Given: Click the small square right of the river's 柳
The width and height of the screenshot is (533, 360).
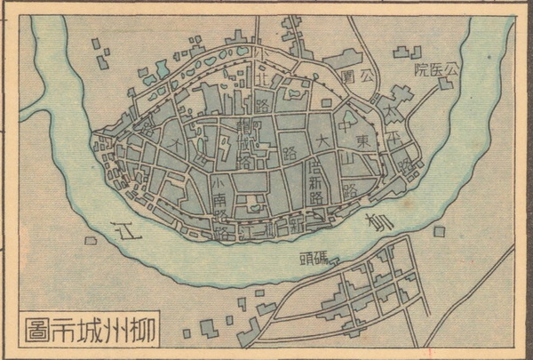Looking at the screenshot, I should [x=438, y=233].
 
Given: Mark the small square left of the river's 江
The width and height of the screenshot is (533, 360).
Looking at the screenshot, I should [x=90, y=241].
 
